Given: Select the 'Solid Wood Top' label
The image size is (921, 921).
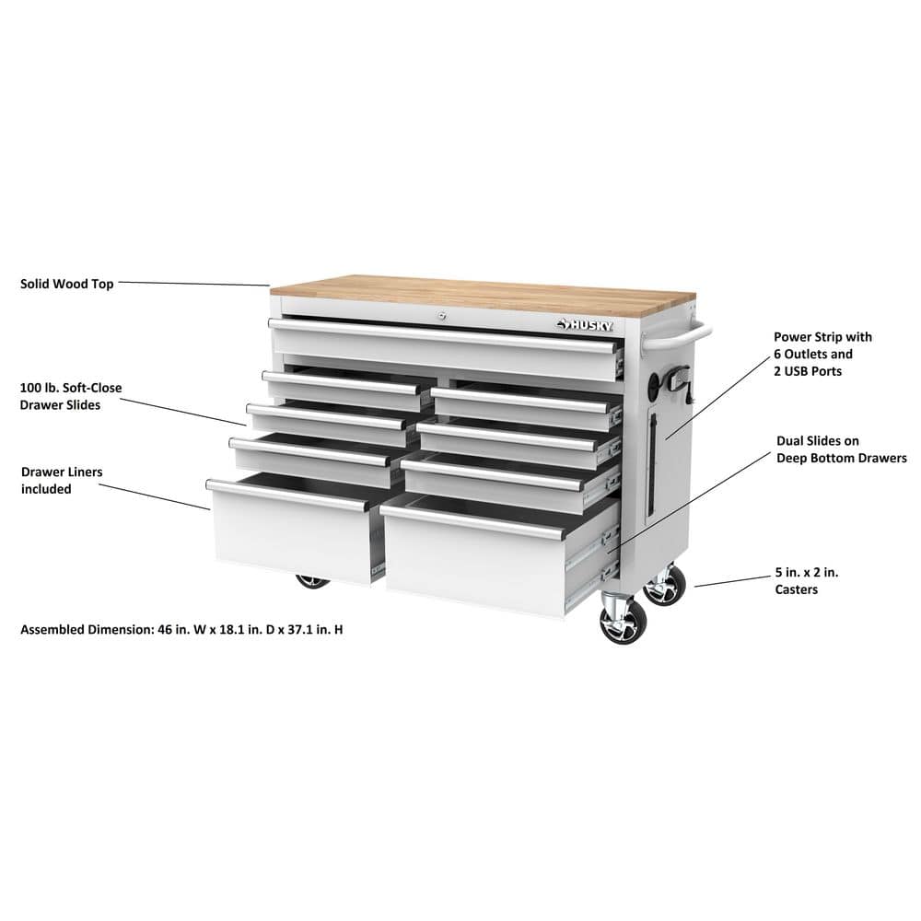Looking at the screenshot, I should click(x=67, y=284).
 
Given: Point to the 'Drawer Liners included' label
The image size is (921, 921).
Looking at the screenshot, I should click(x=62, y=480).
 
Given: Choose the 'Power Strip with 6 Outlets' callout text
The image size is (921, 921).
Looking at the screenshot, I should click(x=822, y=355).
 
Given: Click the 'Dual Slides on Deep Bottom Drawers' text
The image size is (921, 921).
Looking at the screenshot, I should click(x=841, y=449).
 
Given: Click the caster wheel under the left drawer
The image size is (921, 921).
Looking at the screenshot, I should click(x=313, y=581).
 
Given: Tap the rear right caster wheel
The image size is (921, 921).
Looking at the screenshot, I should click(x=664, y=586).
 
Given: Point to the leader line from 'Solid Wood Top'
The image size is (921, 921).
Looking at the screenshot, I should click(x=193, y=284).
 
